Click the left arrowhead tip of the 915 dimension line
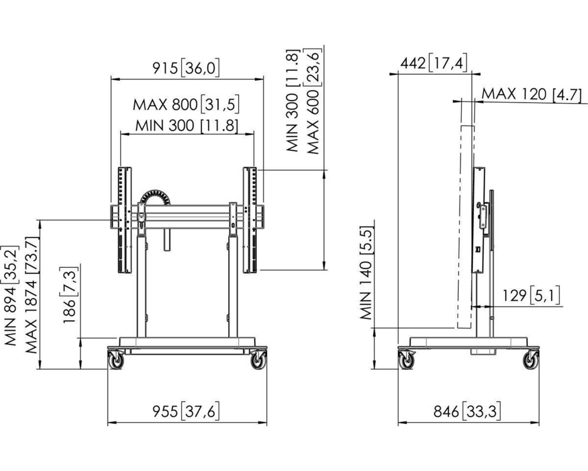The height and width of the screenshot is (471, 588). (x=111, y=79)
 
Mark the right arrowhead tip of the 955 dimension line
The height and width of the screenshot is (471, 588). (x=267, y=423)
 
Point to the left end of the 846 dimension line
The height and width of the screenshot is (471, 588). (x=398, y=423)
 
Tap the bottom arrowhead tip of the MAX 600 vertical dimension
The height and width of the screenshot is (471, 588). (x=324, y=270)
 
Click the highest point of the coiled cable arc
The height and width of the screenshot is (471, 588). (x=155, y=190)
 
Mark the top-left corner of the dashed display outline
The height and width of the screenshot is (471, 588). (x=461, y=126)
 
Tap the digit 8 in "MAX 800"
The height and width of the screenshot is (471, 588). (x=176, y=105)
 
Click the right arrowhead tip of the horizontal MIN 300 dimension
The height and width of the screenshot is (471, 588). (x=254, y=133)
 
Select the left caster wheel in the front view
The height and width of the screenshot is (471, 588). (x=116, y=360)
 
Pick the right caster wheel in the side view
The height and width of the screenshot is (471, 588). (x=530, y=360)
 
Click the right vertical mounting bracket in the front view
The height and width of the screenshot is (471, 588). (x=250, y=220)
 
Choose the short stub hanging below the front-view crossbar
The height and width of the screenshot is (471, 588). (x=167, y=239)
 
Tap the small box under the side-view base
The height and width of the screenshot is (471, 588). (x=483, y=351)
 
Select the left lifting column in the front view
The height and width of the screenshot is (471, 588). (x=141, y=286)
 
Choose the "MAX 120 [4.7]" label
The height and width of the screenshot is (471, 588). (x=532, y=94)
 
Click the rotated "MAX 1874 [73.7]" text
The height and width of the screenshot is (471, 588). (x=32, y=295)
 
